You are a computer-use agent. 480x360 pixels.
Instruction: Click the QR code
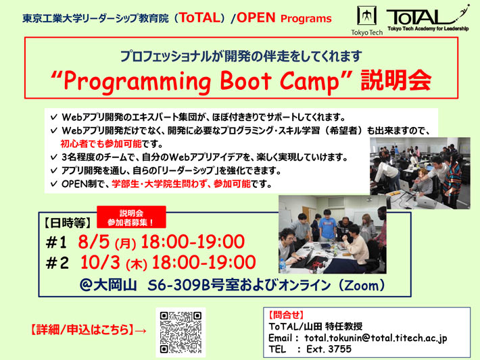[181, 332]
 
